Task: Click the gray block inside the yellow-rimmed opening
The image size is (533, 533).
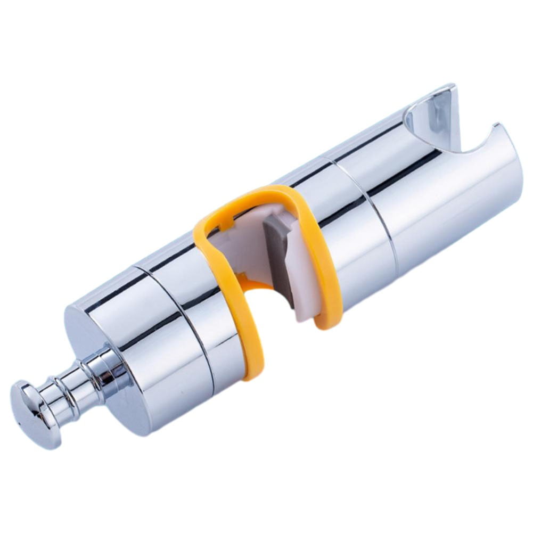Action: coord(277,250)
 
